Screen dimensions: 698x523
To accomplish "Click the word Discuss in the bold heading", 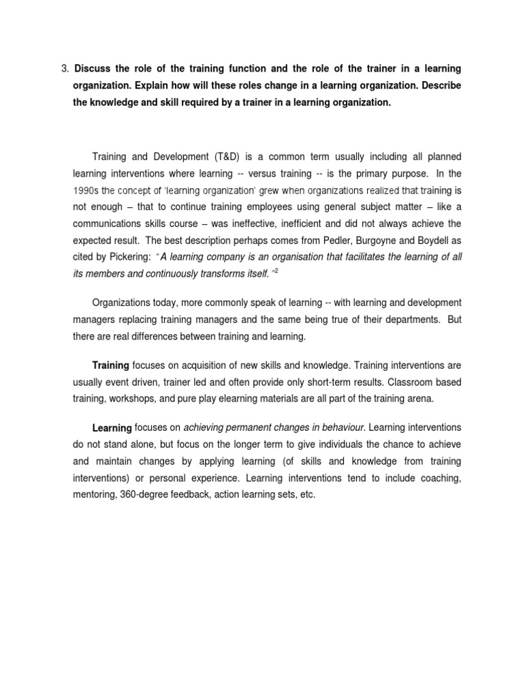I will pyautogui.click(x=92, y=69).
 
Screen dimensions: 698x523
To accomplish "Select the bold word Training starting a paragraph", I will pyautogui.click(x=110, y=366).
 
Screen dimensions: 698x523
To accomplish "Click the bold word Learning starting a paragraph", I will pyautogui.click(x=112, y=428).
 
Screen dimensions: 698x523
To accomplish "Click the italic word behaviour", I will pyautogui.click(x=341, y=427).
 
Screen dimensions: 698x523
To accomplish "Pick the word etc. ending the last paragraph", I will pyautogui.click(x=307, y=494).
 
